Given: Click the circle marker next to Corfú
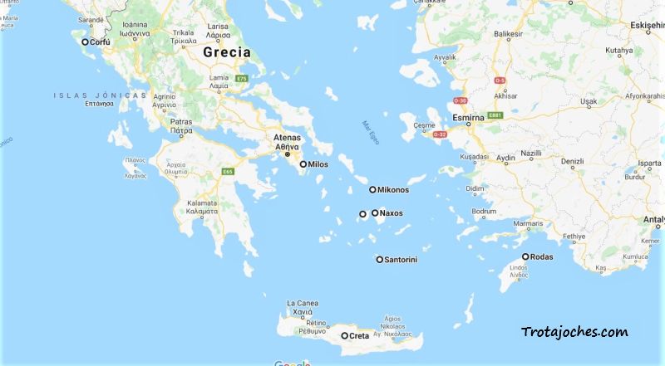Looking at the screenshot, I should [85, 41].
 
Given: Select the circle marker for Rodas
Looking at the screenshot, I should [525, 256].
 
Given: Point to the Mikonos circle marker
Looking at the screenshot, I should [373, 190].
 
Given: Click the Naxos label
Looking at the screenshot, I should [392, 213].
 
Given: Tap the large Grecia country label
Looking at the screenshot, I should [226, 51].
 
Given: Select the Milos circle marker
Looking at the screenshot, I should [303, 164].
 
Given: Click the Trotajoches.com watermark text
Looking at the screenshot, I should [574, 333].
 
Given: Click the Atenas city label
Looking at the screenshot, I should [287, 138].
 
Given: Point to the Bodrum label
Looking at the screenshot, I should [483, 212].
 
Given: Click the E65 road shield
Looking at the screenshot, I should [227, 172].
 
